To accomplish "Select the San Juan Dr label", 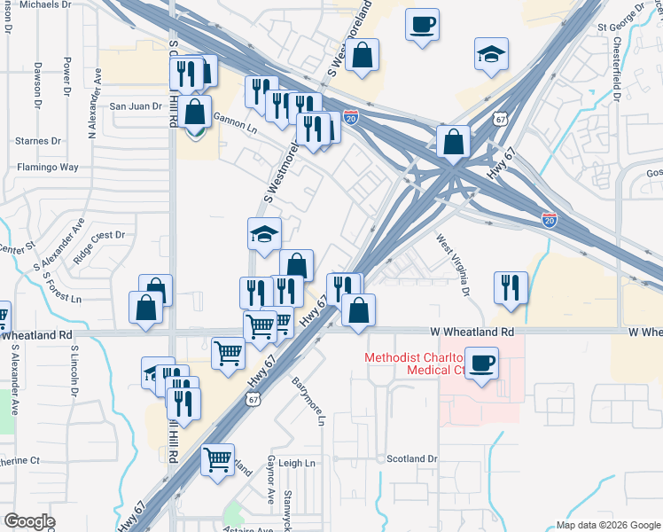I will (x=136, y=106).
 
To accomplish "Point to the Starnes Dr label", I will (x=38, y=141).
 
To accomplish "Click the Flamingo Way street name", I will (x=48, y=167).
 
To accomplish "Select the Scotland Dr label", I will (x=411, y=459).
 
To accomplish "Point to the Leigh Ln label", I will (x=297, y=464).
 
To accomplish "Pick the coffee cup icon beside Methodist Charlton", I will (x=481, y=364).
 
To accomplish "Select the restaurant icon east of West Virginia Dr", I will (x=511, y=287).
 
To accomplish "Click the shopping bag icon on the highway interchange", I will (x=453, y=142).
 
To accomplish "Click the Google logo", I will (x=29, y=521).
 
